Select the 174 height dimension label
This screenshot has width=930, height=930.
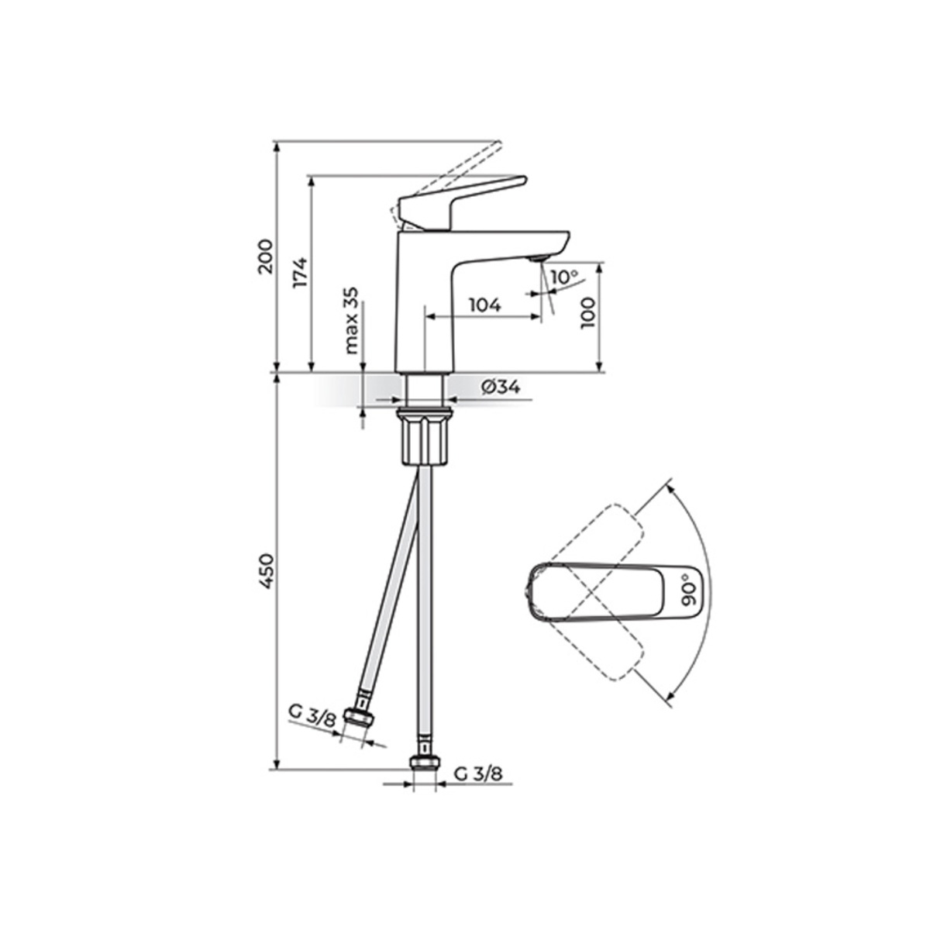click(x=301, y=271)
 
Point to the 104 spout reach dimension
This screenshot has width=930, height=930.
click(x=485, y=305)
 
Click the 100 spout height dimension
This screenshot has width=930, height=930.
click(x=588, y=313)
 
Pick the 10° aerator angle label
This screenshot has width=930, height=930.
click(x=563, y=277)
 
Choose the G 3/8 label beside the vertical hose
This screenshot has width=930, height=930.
click(x=478, y=773)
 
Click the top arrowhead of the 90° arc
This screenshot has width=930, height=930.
click(x=670, y=488)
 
